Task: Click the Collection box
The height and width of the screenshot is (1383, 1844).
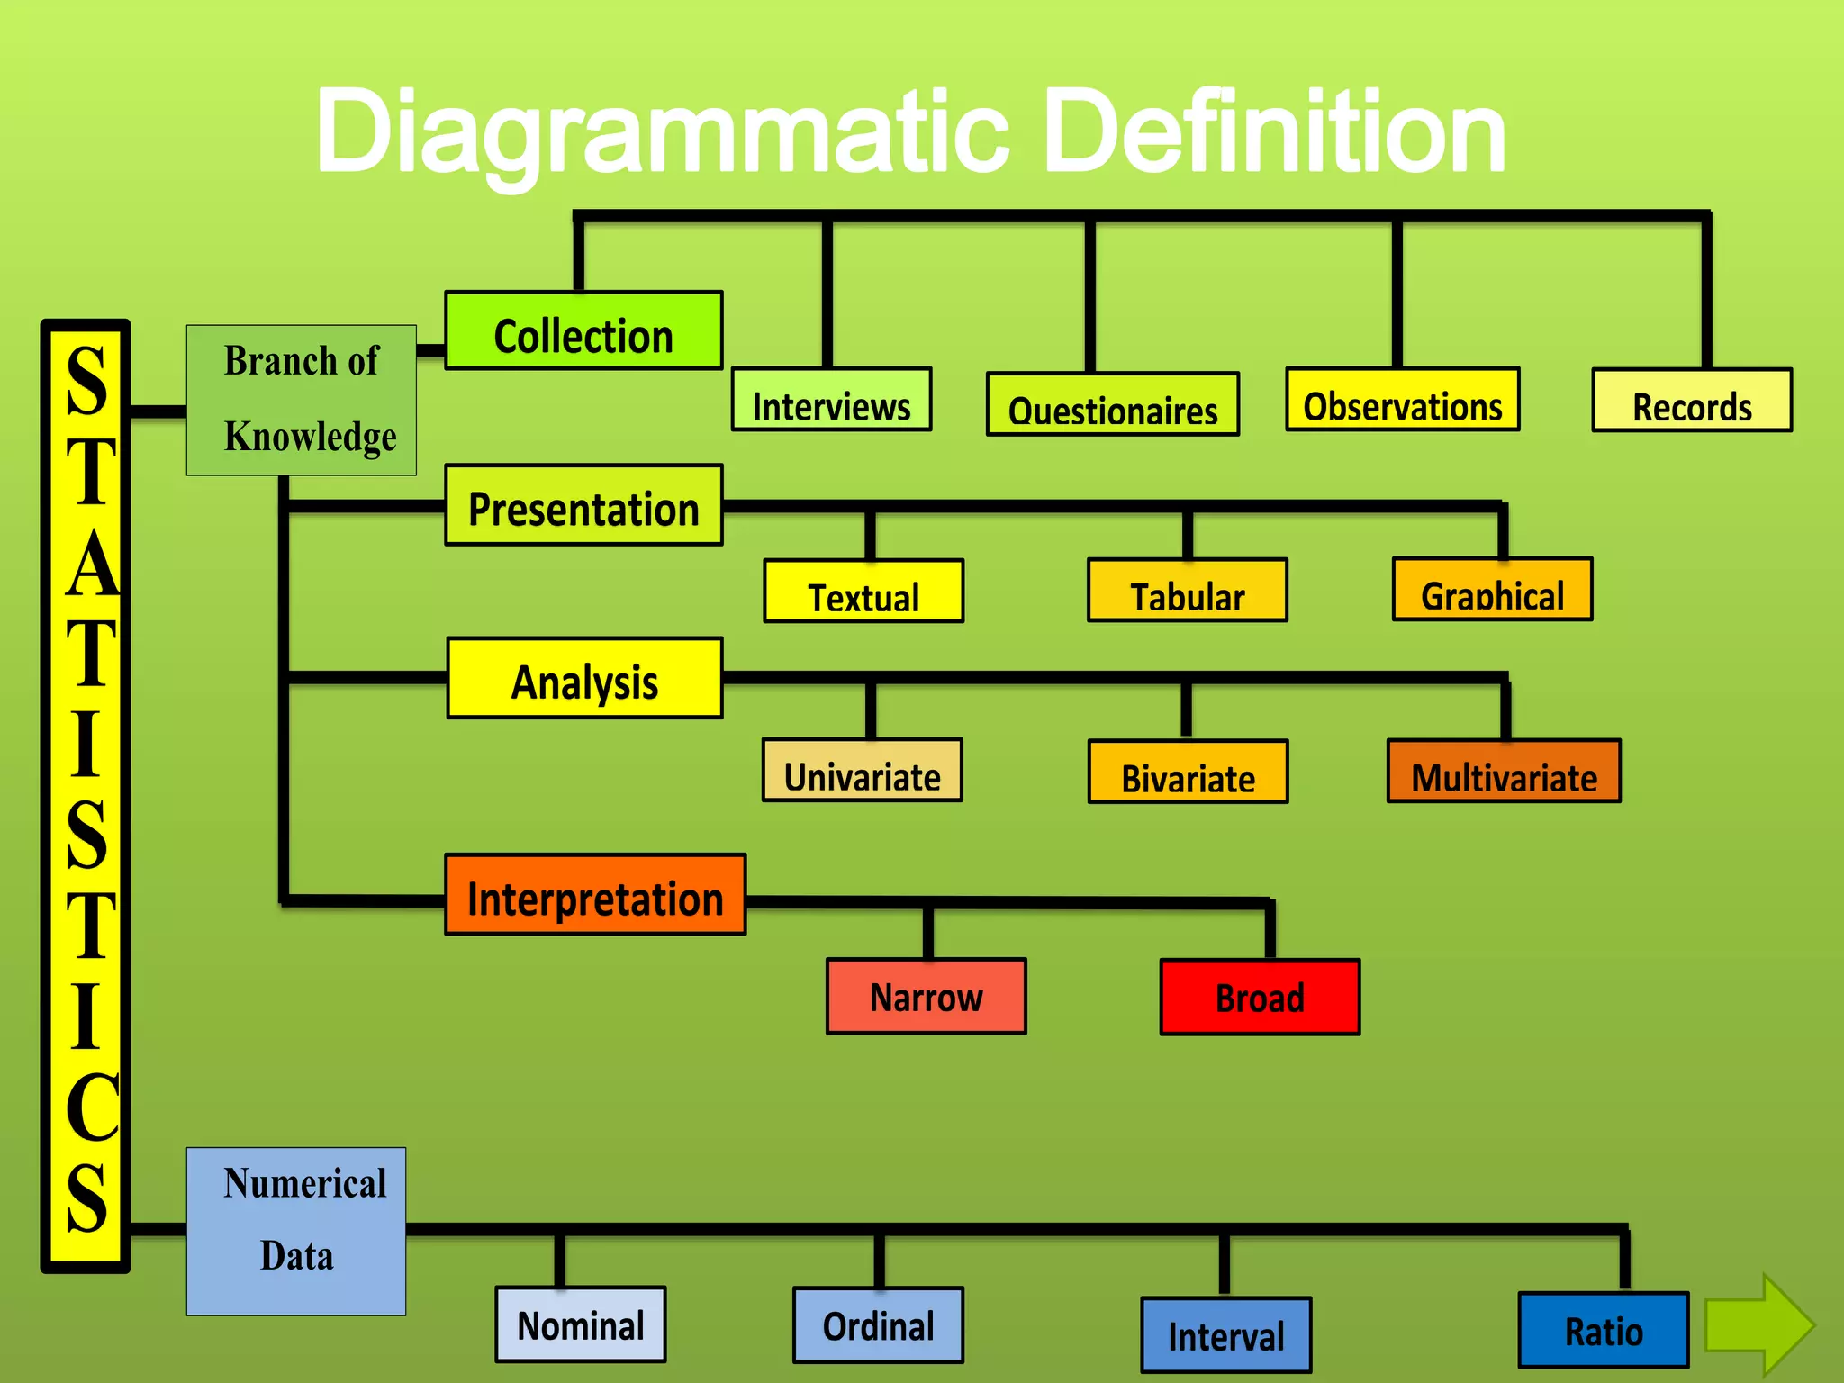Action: tap(583, 330)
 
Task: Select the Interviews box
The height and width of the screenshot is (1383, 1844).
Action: tap(831, 400)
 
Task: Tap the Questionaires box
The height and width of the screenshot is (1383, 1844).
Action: tap(1112, 404)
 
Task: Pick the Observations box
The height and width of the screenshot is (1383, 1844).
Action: tap(1402, 400)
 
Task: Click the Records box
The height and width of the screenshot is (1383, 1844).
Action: tap(1692, 401)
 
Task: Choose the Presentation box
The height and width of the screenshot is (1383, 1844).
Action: tap(583, 505)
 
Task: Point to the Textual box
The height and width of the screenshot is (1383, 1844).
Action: tap(863, 592)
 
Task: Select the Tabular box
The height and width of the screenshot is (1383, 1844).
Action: tap(1187, 591)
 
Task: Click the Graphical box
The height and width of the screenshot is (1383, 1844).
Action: tap(1492, 590)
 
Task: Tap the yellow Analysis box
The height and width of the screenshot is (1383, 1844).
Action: tap(584, 678)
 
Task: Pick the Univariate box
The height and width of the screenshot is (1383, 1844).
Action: tap(862, 771)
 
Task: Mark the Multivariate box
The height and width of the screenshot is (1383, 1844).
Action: tap(1504, 772)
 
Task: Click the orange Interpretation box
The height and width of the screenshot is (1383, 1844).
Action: tap(595, 895)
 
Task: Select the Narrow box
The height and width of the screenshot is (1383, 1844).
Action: tap(926, 997)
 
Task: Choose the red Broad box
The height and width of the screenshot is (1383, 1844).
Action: tap(1260, 998)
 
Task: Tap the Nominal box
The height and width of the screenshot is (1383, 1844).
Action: tap(581, 1324)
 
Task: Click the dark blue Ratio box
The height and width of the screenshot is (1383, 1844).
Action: tap(1604, 1330)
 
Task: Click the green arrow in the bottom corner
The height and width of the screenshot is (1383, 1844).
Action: tap(1758, 1324)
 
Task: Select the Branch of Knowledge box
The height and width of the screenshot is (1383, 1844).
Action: tap(301, 400)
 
